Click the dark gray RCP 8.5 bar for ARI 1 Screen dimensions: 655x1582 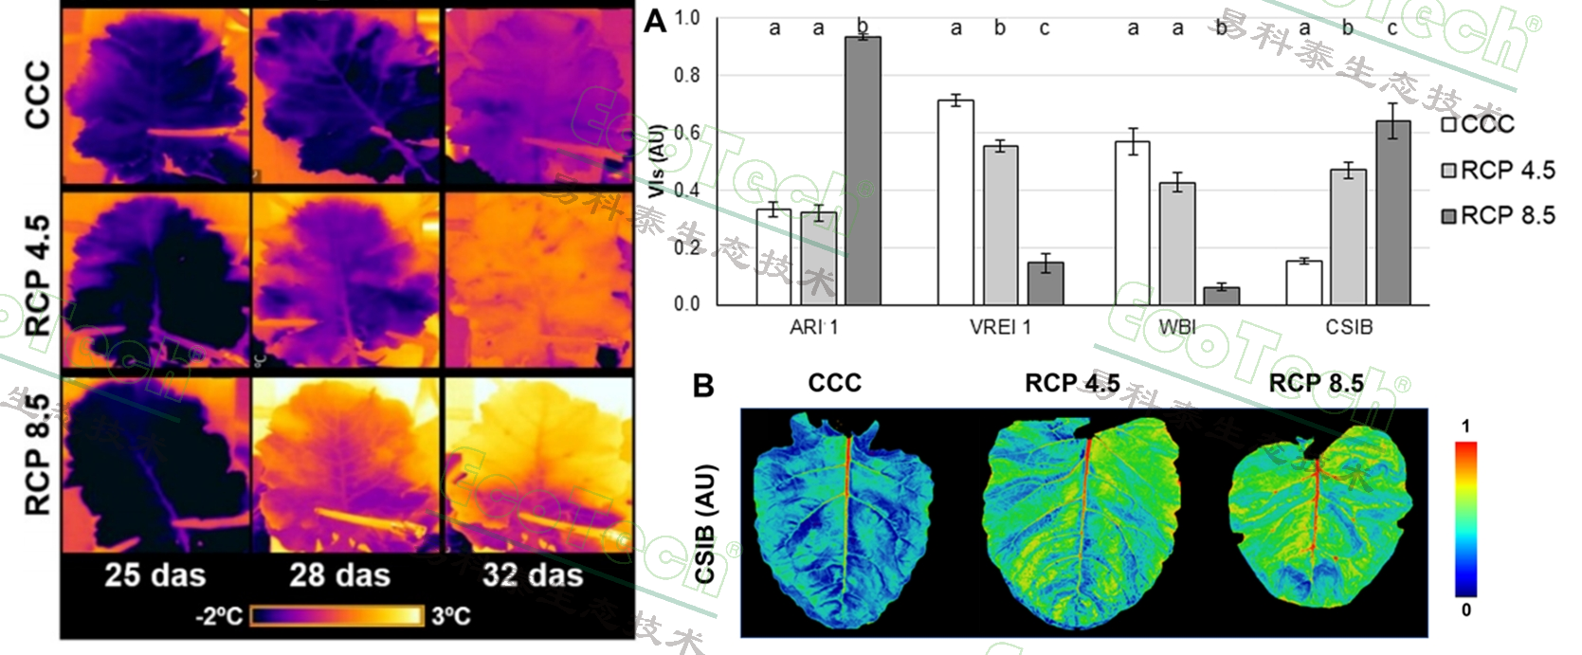coord(863,171)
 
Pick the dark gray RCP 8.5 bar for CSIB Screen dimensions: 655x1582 coord(1393,212)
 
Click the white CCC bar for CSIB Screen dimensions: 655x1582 coord(1304,282)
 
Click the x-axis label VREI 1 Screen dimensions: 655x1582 coord(1000,327)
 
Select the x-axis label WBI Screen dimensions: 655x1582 coord(1177,327)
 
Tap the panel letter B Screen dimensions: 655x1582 coord(703,386)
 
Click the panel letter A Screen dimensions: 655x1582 coord(655,21)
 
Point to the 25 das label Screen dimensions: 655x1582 coord(155,575)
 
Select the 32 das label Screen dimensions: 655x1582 coord(533,575)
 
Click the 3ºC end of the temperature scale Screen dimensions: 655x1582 coord(450,616)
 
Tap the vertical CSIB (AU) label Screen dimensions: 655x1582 coord(705,523)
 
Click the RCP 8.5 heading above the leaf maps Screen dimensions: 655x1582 coord(1316,383)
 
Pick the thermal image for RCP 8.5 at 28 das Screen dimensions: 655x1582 coord(347,464)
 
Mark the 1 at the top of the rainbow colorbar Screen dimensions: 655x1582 coord(1465,427)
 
